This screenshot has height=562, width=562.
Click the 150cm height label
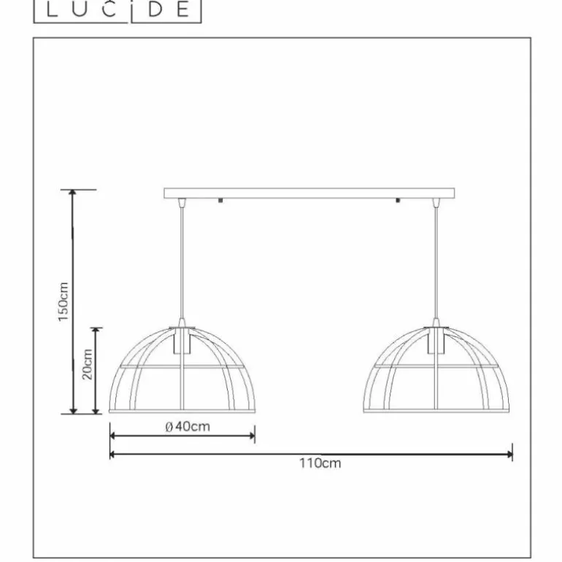[x=63, y=301]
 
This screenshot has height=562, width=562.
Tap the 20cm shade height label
[x=87, y=364]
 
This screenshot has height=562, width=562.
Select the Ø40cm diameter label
[x=188, y=426]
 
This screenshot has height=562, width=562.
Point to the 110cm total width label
[x=320, y=463]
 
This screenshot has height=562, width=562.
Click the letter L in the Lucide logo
[x=52, y=9]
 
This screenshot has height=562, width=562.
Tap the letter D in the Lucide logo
[x=155, y=9]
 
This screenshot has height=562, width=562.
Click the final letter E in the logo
[x=182, y=9]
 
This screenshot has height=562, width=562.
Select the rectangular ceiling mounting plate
[x=309, y=193]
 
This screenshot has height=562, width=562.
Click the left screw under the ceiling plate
[x=220, y=201]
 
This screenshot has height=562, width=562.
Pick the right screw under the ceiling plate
[x=398, y=201]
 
